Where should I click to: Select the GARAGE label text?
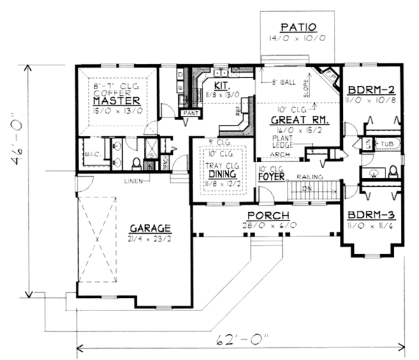pyautogui.click(x=149, y=228)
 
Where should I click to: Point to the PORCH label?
pyautogui.click(x=266, y=216)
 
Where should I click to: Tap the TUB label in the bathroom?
pyautogui.click(x=385, y=143)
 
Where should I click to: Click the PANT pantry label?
pyautogui.click(x=190, y=112)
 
